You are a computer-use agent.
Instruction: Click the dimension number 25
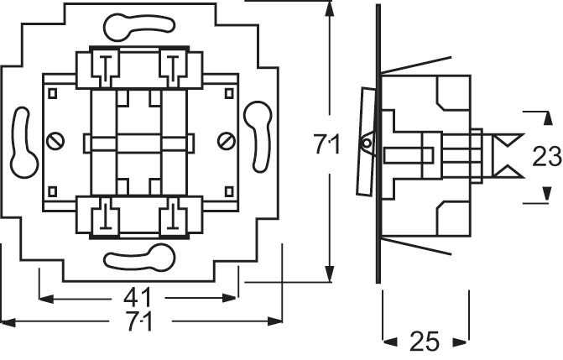pyautogui.click(x=425, y=342)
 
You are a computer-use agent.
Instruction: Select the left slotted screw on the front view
pyautogui.click(x=57, y=139)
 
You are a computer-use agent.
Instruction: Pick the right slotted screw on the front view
pyautogui.click(x=224, y=139)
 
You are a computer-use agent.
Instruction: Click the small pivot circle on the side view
pyautogui.click(x=366, y=144)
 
